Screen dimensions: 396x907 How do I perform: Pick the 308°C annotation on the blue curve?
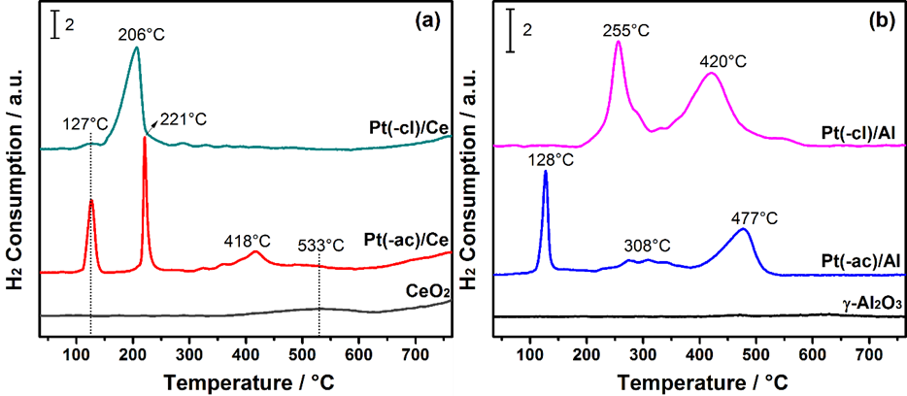pyautogui.click(x=647, y=246)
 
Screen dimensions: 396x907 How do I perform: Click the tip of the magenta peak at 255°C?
pyautogui.click(x=619, y=42)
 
